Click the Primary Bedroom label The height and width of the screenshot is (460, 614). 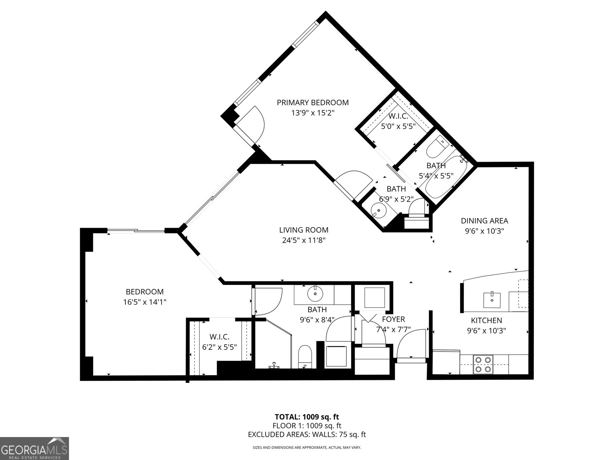pyautogui.click(x=313, y=103)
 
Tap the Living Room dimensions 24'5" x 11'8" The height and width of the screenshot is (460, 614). pyautogui.click(x=303, y=241)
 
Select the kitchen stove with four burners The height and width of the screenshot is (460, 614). pyautogui.click(x=483, y=365)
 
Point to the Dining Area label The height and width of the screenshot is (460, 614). pyautogui.click(x=484, y=221)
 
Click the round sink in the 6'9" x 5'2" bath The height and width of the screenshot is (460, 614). pyautogui.click(x=379, y=210)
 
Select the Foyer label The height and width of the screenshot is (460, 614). pyautogui.click(x=393, y=319)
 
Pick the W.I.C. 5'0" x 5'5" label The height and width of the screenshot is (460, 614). pyautogui.click(x=398, y=117)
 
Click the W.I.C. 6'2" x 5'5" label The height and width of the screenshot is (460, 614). pyautogui.click(x=219, y=337)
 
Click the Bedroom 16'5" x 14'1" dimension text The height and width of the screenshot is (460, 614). pyautogui.click(x=145, y=302)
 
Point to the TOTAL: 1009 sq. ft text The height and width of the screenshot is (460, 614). pyautogui.click(x=307, y=417)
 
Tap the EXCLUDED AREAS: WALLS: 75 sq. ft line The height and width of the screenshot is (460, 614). pyautogui.click(x=307, y=434)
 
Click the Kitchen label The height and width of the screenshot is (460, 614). pyautogui.click(x=486, y=320)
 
